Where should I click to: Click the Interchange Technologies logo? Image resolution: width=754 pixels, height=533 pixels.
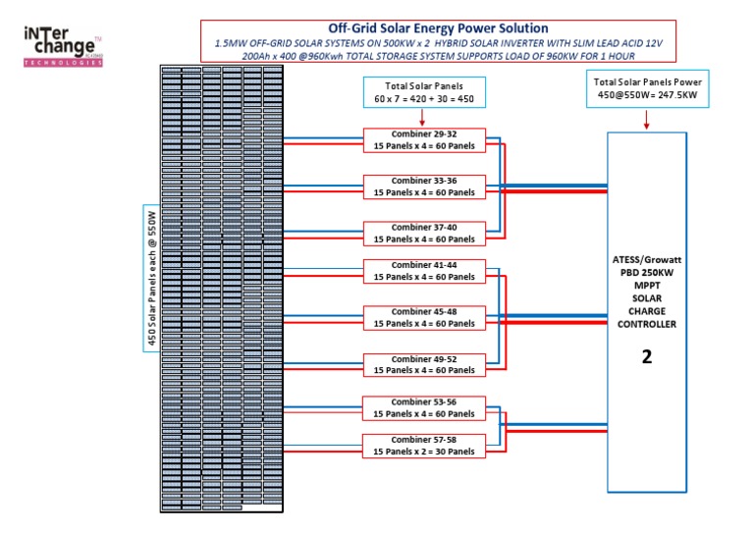[x=63, y=46]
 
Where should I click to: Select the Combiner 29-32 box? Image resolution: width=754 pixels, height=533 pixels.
[x=424, y=139]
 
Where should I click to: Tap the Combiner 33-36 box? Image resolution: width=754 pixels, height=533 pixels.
[x=424, y=187]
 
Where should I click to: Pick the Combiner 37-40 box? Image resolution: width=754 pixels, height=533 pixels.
[x=424, y=234]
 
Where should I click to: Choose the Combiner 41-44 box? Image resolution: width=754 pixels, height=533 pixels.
[x=424, y=271]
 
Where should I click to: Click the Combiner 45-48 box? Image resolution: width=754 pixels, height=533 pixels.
[x=424, y=318]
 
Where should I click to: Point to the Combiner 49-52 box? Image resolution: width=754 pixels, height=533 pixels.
[x=424, y=365]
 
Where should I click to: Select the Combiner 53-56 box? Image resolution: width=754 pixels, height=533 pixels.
[x=424, y=408]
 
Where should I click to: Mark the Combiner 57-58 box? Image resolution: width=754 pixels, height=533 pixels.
[x=424, y=446]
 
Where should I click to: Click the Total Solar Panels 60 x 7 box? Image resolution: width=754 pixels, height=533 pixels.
[x=423, y=92]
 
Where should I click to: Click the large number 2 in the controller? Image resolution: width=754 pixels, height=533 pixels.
[x=646, y=357]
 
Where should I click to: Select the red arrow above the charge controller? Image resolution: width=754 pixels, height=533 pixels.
[x=646, y=120]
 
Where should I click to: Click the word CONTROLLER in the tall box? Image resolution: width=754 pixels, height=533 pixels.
[x=646, y=324]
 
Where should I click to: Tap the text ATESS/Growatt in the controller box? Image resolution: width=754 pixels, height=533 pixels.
[x=646, y=259]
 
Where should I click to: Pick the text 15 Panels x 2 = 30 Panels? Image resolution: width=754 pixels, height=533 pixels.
[x=424, y=452]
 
